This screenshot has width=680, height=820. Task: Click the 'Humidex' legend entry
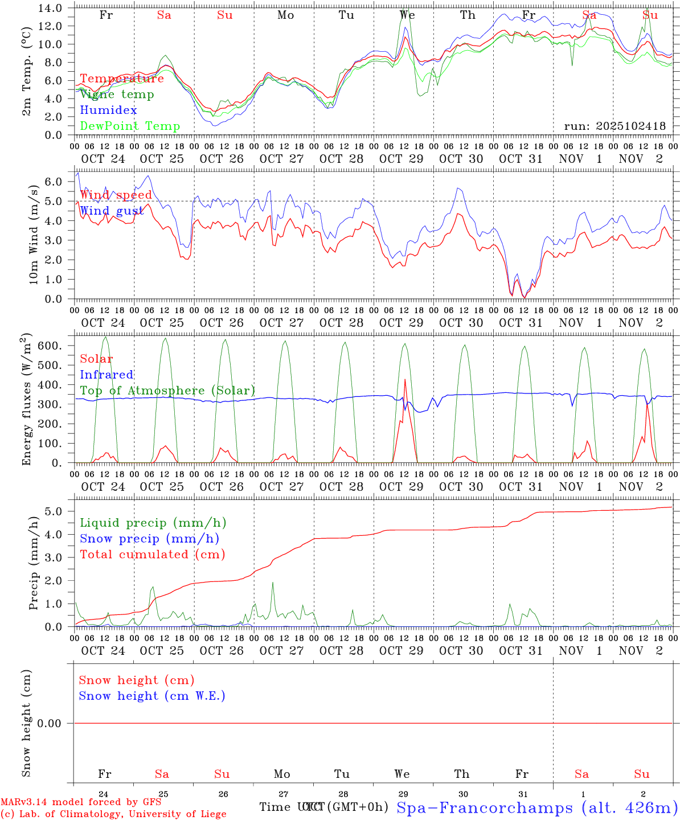(x=108, y=110)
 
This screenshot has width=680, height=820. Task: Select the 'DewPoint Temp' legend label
(x=130, y=126)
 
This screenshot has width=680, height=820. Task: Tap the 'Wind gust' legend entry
(x=112, y=211)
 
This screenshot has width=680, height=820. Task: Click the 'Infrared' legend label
(x=106, y=375)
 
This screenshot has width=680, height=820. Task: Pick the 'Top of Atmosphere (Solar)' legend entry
(x=167, y=391)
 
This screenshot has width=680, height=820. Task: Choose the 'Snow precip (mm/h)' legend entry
(x=149, y=539)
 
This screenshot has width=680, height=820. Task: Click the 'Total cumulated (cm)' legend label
(x=152, y=555)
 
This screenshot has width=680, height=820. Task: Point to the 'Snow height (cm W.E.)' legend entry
(x=152, y=696)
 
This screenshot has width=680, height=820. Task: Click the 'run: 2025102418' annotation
(x=615, y=126)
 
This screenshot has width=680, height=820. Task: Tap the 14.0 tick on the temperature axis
(x=51, y=8)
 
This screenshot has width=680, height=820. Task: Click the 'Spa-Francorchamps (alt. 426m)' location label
(x=536, y=807)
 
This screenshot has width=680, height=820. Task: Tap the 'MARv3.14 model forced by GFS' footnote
(x=81, y=802)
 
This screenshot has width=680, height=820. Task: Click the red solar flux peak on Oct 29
(x=405, y=379)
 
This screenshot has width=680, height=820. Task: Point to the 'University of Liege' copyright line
(x=113, y=814)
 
